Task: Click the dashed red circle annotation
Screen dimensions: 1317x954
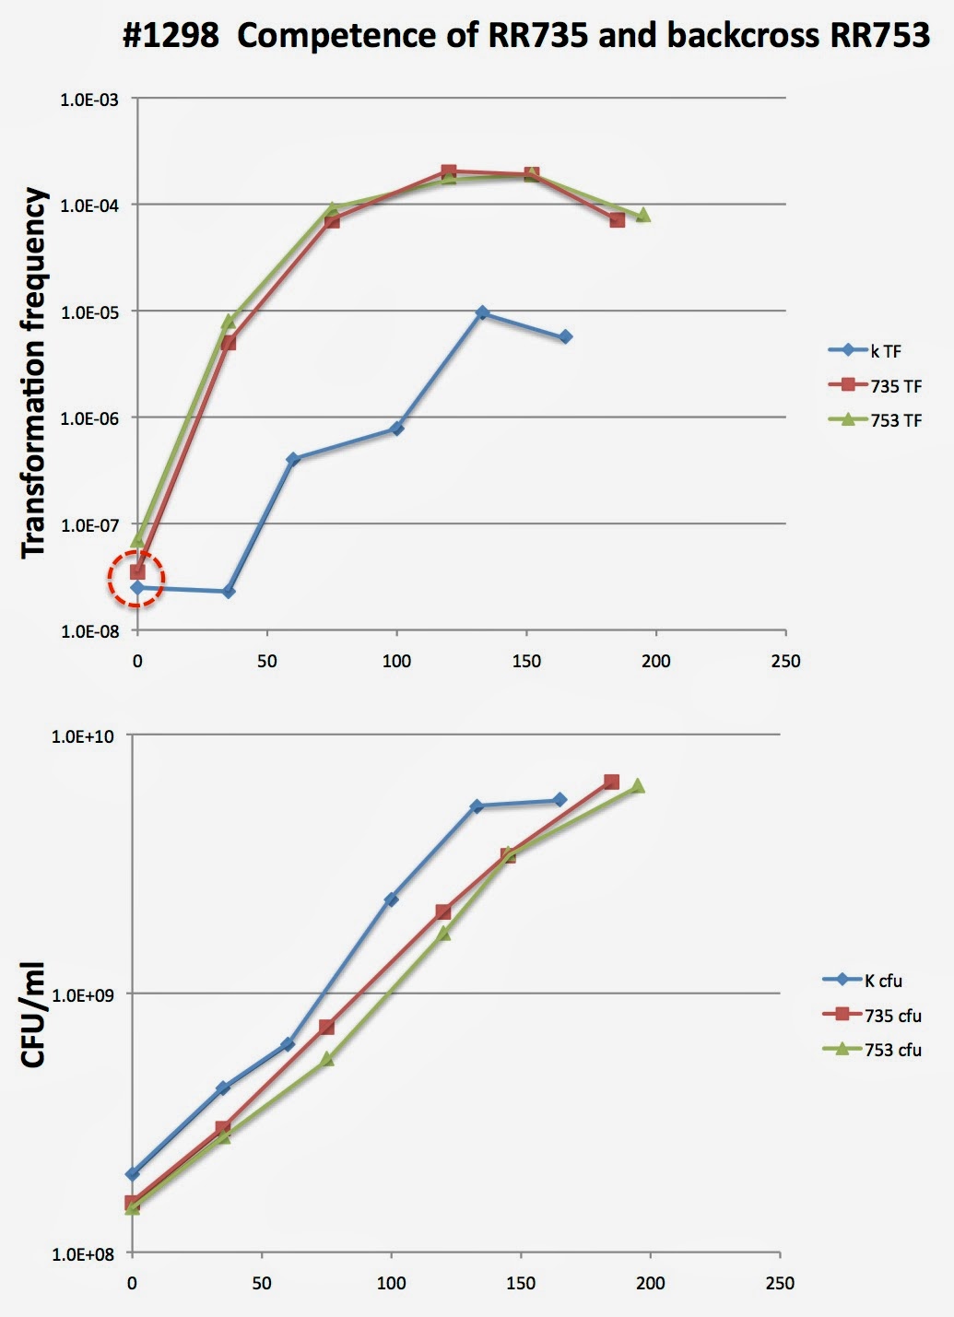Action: pyautogui.click(x=136, y=580)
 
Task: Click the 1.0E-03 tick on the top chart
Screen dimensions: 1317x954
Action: pyautogui.click(x=89, y=100)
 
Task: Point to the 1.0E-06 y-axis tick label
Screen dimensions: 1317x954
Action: pyautogui.click(x=89, y=418)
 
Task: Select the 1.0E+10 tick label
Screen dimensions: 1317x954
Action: pyautogui.click(x=83, y=735)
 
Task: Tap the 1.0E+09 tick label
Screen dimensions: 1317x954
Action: pyautogui.click(x=83, y=995)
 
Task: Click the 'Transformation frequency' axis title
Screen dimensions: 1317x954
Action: pyautogui.click(x=34, y=372)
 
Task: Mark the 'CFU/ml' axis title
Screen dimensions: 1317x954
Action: pyautogui.click(x=34, y=1014)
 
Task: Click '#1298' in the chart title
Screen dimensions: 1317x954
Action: pyautogui.click(x=171, y=36)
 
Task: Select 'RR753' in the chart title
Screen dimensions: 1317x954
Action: pyautogui.click(x=879, y=36)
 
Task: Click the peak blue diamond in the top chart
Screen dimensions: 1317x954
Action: pyautogui.click(x=482, y=312)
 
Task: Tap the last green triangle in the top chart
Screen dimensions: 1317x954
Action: pyautogui.click(x=642, y=215)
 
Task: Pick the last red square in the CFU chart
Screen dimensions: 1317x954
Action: pyautogui.click(x=611, y=782)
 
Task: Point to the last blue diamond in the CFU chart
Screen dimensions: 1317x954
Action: pyautogui.click(x=559, y=800)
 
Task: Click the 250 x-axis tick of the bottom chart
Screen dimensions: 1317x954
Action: pyautogui.click(x=780, y=1283)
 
